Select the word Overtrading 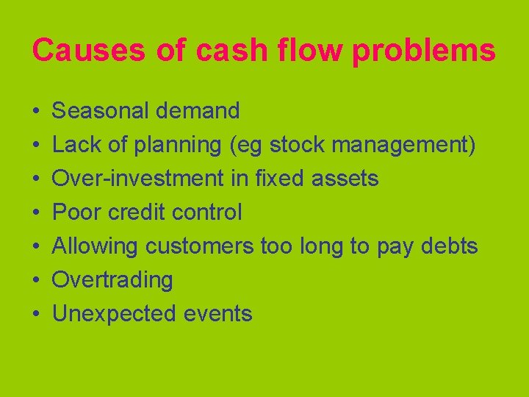112,280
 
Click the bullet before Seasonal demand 36,112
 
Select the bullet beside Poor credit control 36,213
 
